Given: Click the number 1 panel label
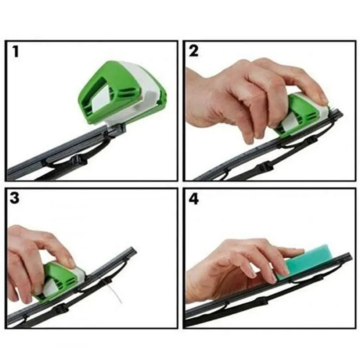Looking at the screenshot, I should [15, 52].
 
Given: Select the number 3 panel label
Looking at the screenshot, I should [15, 198].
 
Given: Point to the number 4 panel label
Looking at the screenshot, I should [194, 199].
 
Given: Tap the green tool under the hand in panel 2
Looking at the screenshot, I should [303, 114].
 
